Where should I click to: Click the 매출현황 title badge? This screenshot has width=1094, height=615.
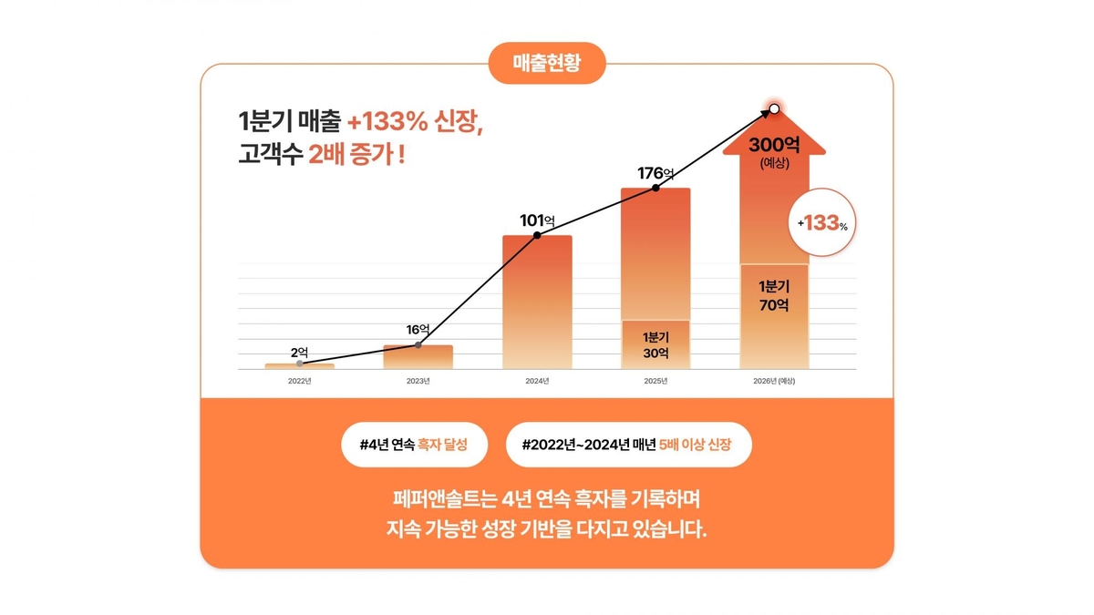547,64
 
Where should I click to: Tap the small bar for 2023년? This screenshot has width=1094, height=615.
418,357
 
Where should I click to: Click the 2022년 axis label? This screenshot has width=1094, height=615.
300,381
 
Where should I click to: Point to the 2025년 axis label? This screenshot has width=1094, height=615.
655,381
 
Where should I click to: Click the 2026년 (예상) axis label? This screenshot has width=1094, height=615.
774,381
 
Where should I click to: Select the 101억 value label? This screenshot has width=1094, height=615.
537,220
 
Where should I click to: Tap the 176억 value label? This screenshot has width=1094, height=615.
655,173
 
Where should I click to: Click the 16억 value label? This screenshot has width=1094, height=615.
418,329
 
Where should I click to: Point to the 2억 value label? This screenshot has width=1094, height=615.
300,352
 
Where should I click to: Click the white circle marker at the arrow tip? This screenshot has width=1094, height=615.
774,109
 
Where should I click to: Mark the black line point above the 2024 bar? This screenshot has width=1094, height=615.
537,235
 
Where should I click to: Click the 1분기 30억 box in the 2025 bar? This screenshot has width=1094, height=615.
655,344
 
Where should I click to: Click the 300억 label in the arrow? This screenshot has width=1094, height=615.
774,146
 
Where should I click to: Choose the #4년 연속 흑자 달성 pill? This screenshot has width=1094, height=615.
414,446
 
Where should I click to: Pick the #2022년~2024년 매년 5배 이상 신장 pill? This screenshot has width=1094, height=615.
628,446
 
